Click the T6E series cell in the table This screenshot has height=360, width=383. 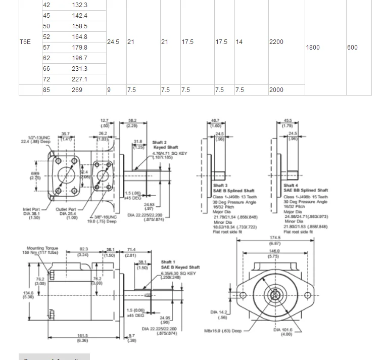click(x=25, y=42)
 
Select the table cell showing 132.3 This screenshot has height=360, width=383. click(x=80, y=5)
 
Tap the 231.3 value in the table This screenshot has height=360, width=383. click(x=80, y=69)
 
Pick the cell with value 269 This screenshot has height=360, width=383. click(x=77, y=90)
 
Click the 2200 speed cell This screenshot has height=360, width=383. click(x=276, y=42)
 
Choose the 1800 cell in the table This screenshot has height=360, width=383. click(x=313, y=48)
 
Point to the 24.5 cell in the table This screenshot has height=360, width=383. click(x=113, y=42)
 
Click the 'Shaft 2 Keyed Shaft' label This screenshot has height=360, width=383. click(x=166, y=145)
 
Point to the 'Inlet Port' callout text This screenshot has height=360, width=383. click(x=31, y=209)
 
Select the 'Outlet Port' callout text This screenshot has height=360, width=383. click(x=66, y=209)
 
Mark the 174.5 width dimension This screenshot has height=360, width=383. click(x=275, y=238)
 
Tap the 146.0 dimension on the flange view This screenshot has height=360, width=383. click(x=273, y=251)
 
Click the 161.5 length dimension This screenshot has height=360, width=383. click(x=82, y=336)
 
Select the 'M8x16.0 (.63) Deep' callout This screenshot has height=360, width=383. click(x=223, y=331)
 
